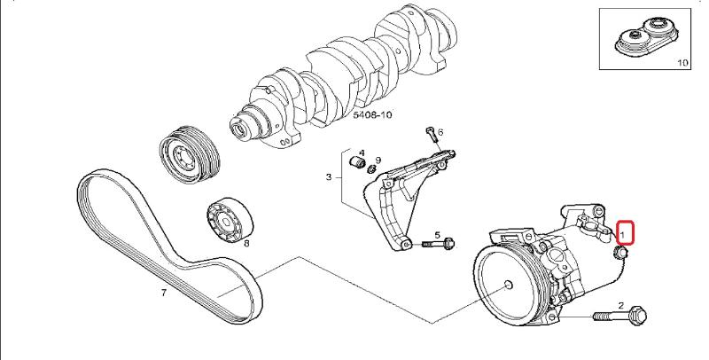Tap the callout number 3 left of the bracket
pos(329,177)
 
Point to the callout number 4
pos(362,153)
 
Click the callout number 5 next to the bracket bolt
pos(437,235)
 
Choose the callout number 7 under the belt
pos(163,292)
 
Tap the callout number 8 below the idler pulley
pos(245,242)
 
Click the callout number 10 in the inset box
pos(682,63)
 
